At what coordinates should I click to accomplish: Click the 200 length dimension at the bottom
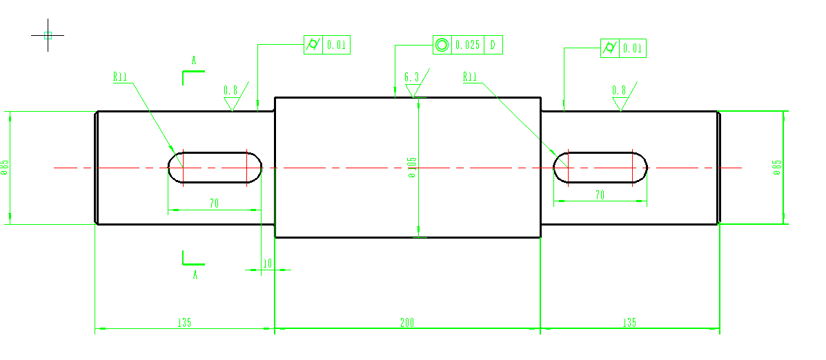[x=407, y=323]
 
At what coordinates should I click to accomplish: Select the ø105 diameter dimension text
[x=413, y=168]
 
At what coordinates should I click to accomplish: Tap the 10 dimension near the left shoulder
[x=268, y=263]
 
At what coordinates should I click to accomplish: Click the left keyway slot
[x=215, y=168]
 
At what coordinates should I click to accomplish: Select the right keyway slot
[x=600, y=168]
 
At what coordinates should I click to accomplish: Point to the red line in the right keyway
[x=633, y=168]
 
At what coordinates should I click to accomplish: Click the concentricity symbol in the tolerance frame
[x=442, y=46]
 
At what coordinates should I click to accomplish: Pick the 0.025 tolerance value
[x=468, y=46]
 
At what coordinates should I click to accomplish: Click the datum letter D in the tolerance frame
[x=493, y=46]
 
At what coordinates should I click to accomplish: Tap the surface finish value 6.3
[x=411, y=78]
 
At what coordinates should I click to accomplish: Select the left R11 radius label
[x=121, y=77]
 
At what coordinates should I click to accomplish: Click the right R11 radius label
[x=470, y=77]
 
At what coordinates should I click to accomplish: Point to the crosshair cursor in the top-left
[x=48, y=35]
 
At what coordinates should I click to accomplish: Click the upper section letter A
[x=194, y=61]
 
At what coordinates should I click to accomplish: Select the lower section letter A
[x=195, y=274]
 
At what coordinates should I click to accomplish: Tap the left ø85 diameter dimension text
[x=5, y=168]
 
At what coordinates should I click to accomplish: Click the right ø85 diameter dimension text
[x=777, y=168]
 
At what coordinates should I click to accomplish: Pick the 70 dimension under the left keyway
[x=215, y=203]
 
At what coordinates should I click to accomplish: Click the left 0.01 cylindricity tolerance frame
[x=328, y=46]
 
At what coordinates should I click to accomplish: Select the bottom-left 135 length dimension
[x=184, y=323]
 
